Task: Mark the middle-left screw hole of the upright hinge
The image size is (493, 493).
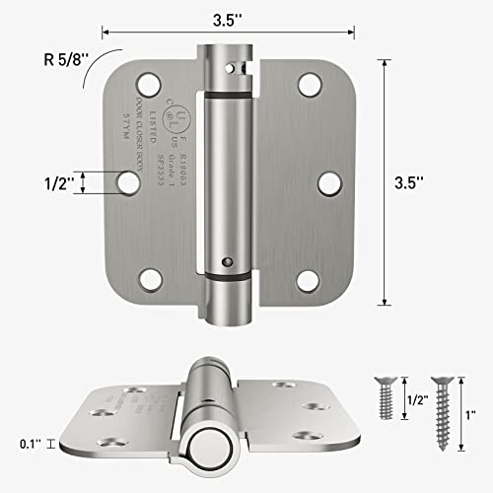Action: pos(126,181)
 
